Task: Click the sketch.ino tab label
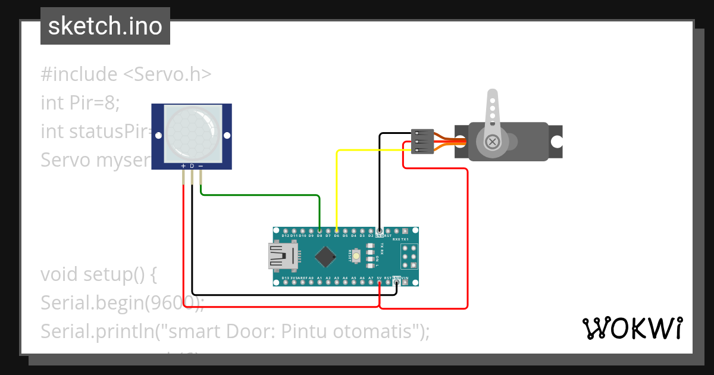105,26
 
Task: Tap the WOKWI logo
632,328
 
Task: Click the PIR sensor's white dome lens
191,132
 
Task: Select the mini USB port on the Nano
283,257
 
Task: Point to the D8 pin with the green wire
320,230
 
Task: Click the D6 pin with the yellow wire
337,230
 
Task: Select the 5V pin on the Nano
380,283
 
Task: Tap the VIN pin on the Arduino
405,283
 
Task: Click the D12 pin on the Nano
286,230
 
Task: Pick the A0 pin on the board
311,283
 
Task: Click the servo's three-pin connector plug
422,142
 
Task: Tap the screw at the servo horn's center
492,142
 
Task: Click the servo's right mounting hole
556,142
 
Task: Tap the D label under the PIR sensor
192,166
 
